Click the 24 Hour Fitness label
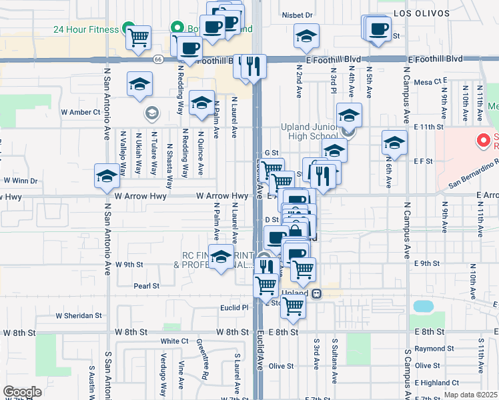85,29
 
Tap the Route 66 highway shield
157,59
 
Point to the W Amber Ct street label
80,112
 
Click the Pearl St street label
146,286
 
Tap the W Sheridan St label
78,315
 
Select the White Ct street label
174,341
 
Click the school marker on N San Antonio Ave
107,176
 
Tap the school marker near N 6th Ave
394,143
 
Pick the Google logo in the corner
22,392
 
